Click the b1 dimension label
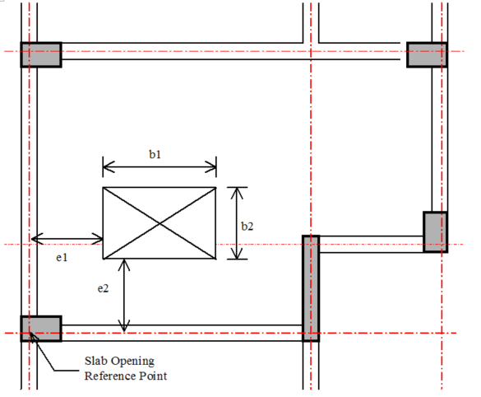(155, 154)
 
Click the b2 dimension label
(247, 227)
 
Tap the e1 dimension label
(62, 258)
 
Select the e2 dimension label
(103, 288)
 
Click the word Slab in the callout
(94, 361)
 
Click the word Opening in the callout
(130, 362)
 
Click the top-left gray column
(41, 54)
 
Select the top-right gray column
(427, 54)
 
